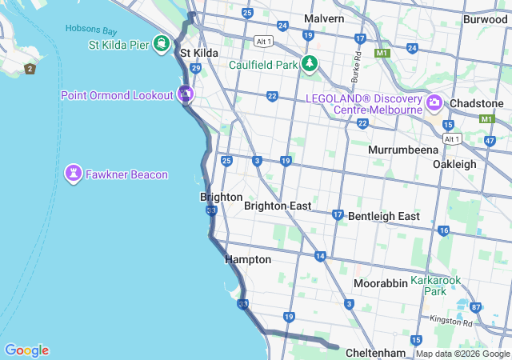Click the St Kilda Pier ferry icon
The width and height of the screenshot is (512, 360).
[161, 42]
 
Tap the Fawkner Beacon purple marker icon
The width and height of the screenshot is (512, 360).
[74, 174]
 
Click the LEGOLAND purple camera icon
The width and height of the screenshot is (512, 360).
[434, 102]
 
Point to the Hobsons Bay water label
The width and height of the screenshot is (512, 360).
[91, 30]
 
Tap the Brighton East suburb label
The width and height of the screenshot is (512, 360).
[278, 206]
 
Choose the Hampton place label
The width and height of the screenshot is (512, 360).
[248, 259]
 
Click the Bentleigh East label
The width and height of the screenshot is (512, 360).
[384, 216]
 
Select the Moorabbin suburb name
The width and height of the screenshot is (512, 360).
[381, 283]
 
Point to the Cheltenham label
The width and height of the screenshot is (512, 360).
[376, 353]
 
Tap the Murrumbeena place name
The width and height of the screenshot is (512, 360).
[403, 150]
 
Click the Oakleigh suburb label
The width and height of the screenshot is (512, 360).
[454, 164]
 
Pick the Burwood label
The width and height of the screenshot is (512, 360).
[485, 18]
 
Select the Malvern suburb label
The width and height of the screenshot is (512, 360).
[324, 18]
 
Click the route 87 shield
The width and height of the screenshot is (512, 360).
[476, 307]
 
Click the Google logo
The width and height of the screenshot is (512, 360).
[26, 350]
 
